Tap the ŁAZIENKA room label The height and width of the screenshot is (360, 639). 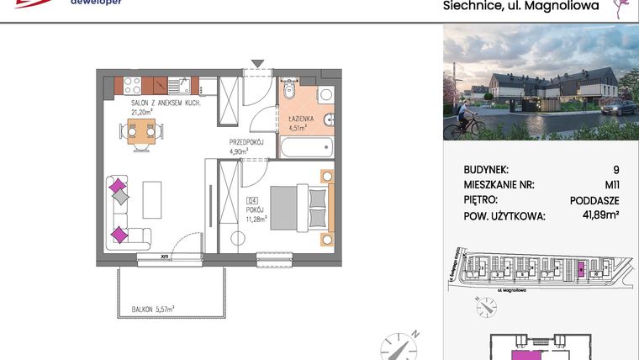(300, 120)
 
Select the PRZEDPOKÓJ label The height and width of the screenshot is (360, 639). (247, 144)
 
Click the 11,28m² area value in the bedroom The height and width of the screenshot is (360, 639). (256, 219)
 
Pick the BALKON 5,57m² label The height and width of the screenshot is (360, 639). (152, 310)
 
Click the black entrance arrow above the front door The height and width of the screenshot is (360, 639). (256, 63)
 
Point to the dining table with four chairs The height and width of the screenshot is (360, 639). (142, 131)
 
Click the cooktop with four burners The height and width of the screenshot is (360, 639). (131, 84)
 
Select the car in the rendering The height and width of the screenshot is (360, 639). (617, 108)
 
